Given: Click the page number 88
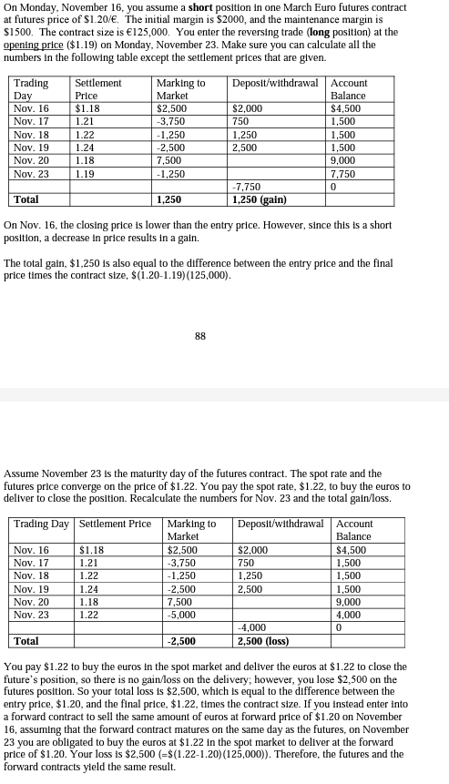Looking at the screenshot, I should coord(201,336).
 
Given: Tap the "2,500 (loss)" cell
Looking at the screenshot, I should coord(261,640).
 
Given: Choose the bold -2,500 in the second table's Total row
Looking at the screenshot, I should coord(182,640).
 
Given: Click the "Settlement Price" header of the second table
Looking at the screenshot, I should coord(115,524).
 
